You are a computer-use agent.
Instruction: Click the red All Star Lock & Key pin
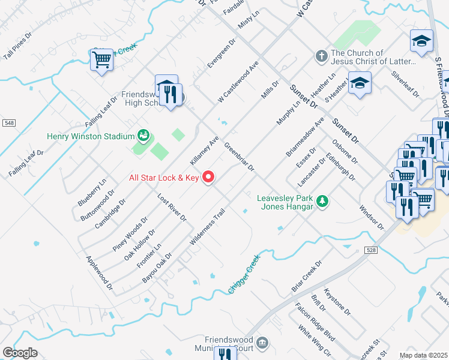coord(209,177)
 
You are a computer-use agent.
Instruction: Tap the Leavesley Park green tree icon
coord(322,201)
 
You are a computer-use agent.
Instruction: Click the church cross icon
coord(321,57)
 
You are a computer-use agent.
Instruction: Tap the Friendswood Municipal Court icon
coord(262,343)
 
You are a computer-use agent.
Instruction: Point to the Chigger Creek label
coord(244,274)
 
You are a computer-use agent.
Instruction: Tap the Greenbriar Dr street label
coord(239,157)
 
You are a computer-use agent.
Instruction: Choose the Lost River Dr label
coord(172,207)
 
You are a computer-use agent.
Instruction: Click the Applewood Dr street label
coord(99,273)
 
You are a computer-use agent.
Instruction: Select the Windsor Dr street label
coord(371,218)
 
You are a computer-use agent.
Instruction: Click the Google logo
coord(20,353)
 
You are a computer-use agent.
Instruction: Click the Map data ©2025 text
coord(424,355)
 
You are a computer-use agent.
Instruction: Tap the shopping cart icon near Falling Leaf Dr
coord(102,60)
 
